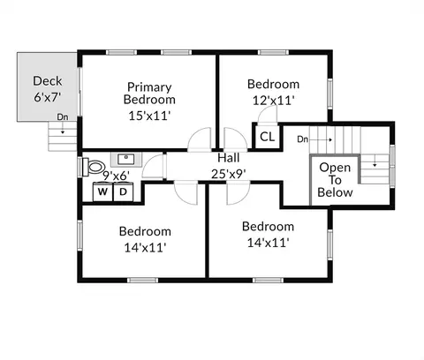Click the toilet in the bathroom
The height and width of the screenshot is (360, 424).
coord(93,167)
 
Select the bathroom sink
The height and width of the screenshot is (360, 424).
coord(126,159)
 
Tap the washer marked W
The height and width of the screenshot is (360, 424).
coord(102,191)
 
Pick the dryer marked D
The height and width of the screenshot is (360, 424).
coord(124,191)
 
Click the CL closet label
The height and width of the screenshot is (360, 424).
coord(268,137)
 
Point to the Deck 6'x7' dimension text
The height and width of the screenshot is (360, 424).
coord(47,97)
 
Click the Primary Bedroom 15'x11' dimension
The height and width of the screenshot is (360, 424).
coord(149,116)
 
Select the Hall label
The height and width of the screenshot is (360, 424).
coord(229,158)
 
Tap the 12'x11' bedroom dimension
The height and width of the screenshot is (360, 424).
coord(274,101)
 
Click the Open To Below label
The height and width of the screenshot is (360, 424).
coord(335,180)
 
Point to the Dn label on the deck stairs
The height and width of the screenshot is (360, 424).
coord(63,117)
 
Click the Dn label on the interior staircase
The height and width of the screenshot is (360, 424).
coord(302,139)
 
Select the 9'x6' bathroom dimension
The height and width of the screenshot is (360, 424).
coord(116,176)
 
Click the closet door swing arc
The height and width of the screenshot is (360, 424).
coord(265,109)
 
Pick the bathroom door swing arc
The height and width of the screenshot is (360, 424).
coord(148,161)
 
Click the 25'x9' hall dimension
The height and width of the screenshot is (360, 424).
coord(229,174)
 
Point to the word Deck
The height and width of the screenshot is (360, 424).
coord(48,81)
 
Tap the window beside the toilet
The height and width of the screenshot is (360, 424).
coord(79,167)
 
